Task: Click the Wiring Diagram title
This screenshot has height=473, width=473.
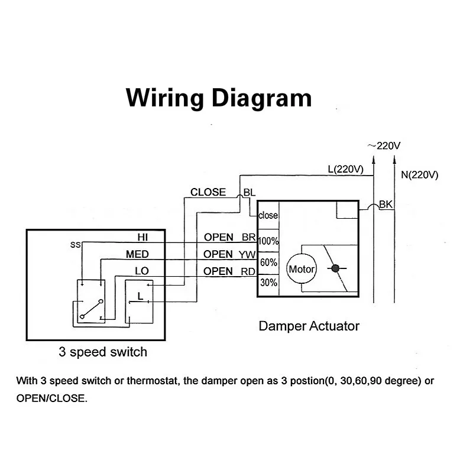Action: pyautogui.click(x=219, y=98)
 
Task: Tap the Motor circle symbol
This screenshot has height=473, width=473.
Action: pyautogui.click(x=302, y=269)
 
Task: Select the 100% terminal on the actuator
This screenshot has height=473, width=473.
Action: pyautogui.click(x=268, y=241)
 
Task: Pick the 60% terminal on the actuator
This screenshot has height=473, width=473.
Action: pyautogui.click(x=268, y=263)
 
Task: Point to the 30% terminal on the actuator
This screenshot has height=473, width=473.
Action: pyautogui.click(x=268, y=283)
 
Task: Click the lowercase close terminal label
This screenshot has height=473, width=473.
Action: pyautogui.click(x=268, y=215)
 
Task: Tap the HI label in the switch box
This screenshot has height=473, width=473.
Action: pyautogui.click(x=142, y=238)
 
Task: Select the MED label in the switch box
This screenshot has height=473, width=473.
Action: pyautogui.click(x=137, y=254)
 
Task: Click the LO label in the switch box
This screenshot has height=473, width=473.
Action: pyautogui.click(x=142, y=271)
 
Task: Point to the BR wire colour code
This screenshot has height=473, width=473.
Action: pyautogui.click(x=248, y=238)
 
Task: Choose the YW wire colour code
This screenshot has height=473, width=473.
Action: pyautogui.click(x=247, y=255)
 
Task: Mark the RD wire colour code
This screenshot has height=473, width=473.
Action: pyautogui.click(x=248, y=271)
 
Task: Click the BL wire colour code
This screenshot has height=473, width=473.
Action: pyautogui.click(x=249, y=193)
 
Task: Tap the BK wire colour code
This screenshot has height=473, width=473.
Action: pyautogui.click(x=386, y=205)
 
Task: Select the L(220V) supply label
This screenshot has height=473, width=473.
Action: pyautogui.click(x=346, y=169)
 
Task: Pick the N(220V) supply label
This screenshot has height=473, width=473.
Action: pyautogui.click(x=420, y=174)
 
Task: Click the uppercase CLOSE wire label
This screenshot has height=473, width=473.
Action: pyautogui.click(x=208, y=192)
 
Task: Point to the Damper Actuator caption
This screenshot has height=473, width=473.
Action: pyautogui.click(x=309, y=326)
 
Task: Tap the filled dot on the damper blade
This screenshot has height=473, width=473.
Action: pyautogui.click(x=335, y=268)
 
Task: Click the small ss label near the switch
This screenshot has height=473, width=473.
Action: pyautogui.click(x=76, y=245)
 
